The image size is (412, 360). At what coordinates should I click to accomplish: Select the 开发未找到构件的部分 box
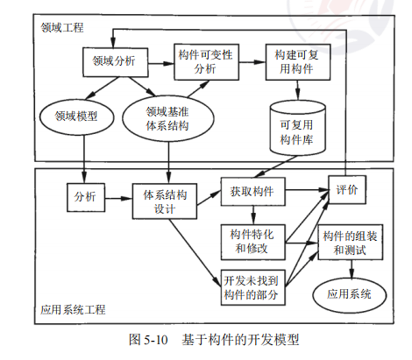pos(252,285)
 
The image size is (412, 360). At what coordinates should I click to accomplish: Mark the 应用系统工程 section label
pos(75,310)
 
